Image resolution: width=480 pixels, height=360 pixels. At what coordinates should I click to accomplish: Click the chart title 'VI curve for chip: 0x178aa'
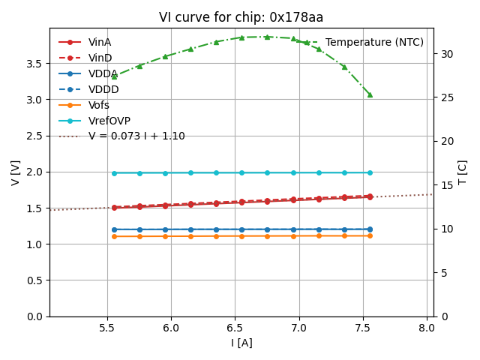(x=241, y=17)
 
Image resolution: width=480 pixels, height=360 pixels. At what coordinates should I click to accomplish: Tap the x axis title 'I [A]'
(x=241, y=343)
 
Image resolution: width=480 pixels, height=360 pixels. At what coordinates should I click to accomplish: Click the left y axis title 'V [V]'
(x=16, y=172)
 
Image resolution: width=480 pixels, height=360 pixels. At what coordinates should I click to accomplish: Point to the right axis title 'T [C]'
(x=462, y=172)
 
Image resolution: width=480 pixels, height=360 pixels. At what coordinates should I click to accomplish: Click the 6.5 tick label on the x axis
(x=235, y=328)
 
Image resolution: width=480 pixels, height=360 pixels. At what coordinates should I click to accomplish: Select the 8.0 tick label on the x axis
(x=427, y=328)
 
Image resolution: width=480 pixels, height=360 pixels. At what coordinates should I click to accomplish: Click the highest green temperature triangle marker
(x=267, y=37)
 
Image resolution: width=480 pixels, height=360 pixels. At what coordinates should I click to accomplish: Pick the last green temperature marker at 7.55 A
(x=370, y=94)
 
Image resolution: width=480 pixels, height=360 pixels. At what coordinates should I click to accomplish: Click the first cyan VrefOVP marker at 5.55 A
(x=114, y=173)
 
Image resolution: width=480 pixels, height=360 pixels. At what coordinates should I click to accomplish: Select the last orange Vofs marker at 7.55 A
(x=370, y=235)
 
